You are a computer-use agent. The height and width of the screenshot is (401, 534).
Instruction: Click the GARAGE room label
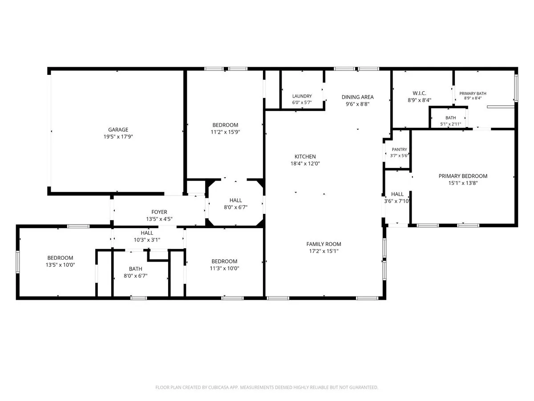(x=118, y=130)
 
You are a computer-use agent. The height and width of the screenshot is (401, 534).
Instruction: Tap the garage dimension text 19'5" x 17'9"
(x=118, y=137)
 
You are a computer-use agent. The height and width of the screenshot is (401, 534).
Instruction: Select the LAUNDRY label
(x=302, y=96)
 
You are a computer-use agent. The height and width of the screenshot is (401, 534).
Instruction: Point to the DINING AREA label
(x=358, y=97)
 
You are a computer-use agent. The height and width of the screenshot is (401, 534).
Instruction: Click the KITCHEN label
(x=305, y=157)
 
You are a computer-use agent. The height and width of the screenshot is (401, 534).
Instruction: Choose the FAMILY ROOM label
(x=324, y=244)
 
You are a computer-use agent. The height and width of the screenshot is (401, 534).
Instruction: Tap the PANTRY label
(x=399, y=150)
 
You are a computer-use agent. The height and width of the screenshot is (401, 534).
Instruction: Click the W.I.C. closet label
(x=419, y=93)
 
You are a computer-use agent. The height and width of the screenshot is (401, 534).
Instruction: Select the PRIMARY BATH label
(x=473, y=94)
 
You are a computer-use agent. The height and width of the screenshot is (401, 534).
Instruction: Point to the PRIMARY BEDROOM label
(x=463, y=176)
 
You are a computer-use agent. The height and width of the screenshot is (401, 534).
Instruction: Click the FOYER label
(x=159, y=212)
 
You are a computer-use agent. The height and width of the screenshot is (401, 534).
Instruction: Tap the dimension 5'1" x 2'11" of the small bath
(x=450, y=124)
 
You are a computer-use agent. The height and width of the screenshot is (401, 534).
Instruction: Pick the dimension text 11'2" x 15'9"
(x=225, y=132)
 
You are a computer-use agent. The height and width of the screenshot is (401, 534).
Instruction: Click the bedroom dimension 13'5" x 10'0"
(x=61, y=265)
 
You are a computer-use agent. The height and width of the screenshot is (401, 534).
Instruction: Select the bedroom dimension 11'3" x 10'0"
(x=224, y=268)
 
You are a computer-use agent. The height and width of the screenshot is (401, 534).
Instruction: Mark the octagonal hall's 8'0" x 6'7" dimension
(x=235, y=208)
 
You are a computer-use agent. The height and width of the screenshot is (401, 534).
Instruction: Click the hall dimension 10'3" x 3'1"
(x=147, y=240)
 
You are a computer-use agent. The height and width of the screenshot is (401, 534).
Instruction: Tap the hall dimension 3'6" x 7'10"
(x=397, y=201)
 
